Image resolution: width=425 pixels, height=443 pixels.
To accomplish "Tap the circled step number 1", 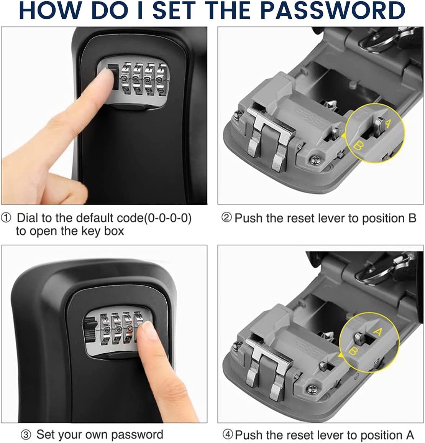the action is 6,218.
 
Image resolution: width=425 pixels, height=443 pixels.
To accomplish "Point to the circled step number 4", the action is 228,434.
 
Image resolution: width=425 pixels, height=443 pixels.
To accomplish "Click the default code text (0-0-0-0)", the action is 167,218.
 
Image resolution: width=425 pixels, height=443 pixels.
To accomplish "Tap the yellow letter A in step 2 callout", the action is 388,124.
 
